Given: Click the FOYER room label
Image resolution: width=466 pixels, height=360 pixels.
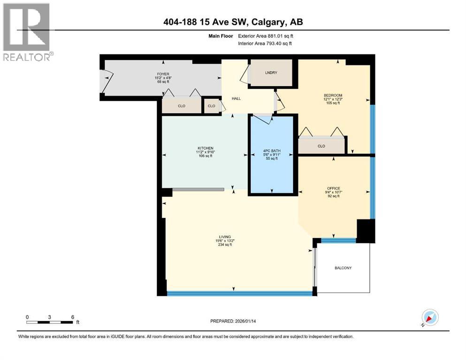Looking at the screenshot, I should pos(163,74).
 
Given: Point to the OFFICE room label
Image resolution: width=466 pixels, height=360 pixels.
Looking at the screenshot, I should pos(334,188).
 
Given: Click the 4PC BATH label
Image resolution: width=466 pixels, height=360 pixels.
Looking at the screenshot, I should pos(272,150).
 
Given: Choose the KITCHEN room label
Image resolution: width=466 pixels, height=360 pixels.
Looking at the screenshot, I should pos(205,148).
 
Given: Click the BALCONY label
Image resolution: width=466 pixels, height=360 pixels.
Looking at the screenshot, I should pos(343,268).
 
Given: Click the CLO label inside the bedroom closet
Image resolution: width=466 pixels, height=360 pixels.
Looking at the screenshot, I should pos(321,146).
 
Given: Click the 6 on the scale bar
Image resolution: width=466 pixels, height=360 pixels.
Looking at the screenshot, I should pos(72,317).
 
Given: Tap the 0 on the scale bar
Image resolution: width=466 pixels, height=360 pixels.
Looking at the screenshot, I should pos(28,317).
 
